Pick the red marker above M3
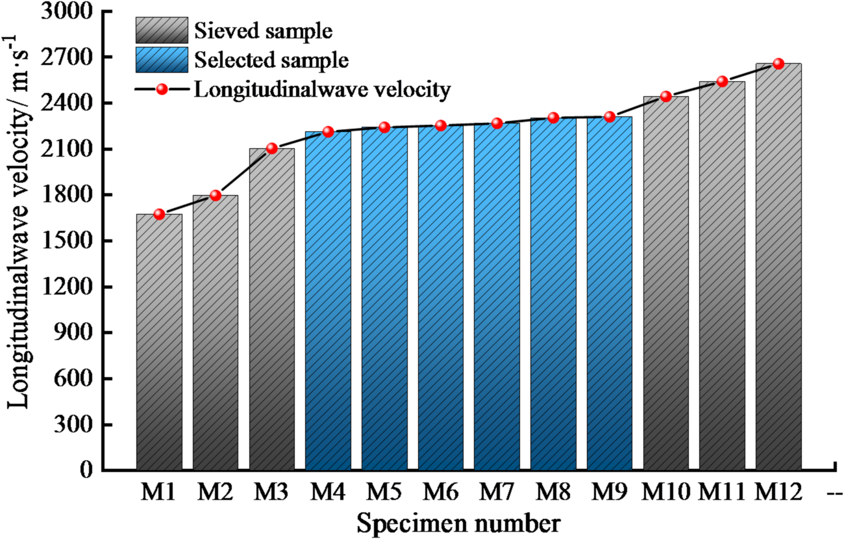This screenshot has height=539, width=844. click(x=272, y=148)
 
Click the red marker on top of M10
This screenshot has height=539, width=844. click(x=665, y=96)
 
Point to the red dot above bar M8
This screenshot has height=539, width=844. click(x=553, y=118)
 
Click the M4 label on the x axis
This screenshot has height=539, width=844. click(x=328, y=493)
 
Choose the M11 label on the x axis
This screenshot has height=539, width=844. click(x=721, y=493)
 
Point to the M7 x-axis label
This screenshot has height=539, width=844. click(x=497, y=493)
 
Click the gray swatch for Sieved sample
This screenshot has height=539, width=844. click(x=162, y=31)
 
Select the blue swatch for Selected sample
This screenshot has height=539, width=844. click(x=162, y=60)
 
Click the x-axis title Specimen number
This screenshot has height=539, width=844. click(x=458, y=521)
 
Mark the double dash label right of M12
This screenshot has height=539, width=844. click(x=834, y=494)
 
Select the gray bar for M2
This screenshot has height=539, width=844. click(x=216, y=332)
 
